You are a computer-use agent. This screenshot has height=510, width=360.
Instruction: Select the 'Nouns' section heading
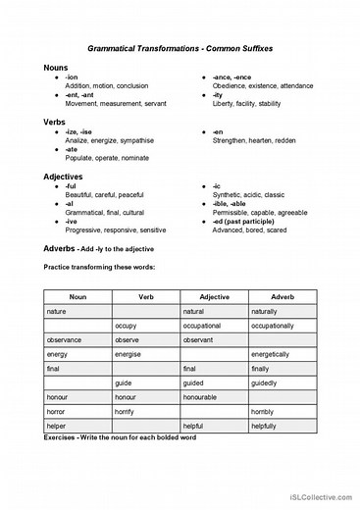(56, 67)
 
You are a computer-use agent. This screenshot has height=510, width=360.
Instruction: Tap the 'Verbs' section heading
(55, 122)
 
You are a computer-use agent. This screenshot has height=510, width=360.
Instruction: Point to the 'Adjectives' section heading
(63, 177)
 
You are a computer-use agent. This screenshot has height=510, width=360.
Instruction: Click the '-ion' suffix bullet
(72, 76)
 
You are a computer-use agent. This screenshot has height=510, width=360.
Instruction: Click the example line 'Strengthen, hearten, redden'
(253, 140)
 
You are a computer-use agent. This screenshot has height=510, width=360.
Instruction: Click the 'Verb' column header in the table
(145, 296)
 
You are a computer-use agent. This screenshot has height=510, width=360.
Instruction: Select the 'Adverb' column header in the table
(283, 296)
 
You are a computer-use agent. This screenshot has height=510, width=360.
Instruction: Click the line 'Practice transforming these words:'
(99, 267)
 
